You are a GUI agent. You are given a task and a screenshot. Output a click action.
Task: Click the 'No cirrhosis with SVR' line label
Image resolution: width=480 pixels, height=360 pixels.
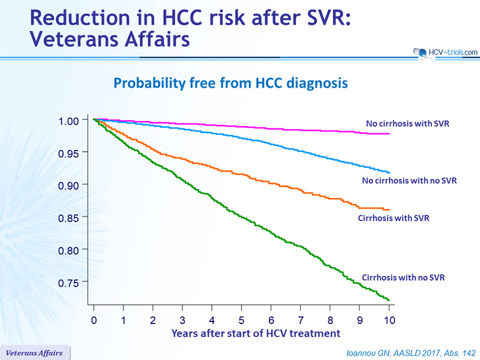pos(407,124)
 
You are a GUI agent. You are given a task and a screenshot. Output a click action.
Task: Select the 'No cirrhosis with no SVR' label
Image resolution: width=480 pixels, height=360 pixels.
pos(409,181)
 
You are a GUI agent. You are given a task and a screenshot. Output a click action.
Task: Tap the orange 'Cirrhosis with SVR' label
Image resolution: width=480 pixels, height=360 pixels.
pos(394,218)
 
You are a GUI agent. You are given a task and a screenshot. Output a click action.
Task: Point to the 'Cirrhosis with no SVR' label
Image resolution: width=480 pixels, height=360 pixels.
pos(403,278)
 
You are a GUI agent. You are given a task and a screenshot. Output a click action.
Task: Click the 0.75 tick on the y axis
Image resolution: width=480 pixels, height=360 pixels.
pos(68,283)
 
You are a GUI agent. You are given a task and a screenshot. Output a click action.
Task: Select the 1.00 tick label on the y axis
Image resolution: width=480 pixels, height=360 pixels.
pos(68,121)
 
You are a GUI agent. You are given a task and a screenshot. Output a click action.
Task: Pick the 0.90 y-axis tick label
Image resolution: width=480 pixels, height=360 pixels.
pos(68,186)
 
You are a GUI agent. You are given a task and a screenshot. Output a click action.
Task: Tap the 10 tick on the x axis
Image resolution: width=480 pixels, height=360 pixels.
pos(389,320)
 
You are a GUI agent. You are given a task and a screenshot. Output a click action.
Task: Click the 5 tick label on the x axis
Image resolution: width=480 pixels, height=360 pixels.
pos(242,320)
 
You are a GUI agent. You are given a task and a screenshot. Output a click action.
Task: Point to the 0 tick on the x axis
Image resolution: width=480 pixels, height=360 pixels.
pos(94,320)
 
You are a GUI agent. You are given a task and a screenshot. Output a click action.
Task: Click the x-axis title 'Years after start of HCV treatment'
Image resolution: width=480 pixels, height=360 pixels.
pos(256,334)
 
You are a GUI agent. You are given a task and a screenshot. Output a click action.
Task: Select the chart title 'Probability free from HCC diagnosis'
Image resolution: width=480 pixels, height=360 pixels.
pos(230,83)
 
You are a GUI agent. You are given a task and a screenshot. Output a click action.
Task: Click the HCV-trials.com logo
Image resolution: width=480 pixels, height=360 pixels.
pos(445,53)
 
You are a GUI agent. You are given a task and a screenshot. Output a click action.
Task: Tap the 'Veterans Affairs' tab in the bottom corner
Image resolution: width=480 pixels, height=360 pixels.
pos(34,353)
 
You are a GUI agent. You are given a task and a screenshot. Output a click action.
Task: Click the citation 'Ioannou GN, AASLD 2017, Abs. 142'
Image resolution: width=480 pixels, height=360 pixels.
pos(411,353)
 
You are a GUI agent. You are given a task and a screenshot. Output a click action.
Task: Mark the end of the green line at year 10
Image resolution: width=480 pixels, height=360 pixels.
pos(389,300)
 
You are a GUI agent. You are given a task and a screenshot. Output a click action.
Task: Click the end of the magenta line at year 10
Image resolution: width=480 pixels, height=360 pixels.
pos(389,134)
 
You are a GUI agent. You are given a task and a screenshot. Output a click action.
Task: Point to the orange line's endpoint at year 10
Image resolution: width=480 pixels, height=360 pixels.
pos(389,209)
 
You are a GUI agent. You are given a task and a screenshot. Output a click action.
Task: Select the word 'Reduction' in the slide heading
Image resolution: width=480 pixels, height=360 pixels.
pos(80,17)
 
